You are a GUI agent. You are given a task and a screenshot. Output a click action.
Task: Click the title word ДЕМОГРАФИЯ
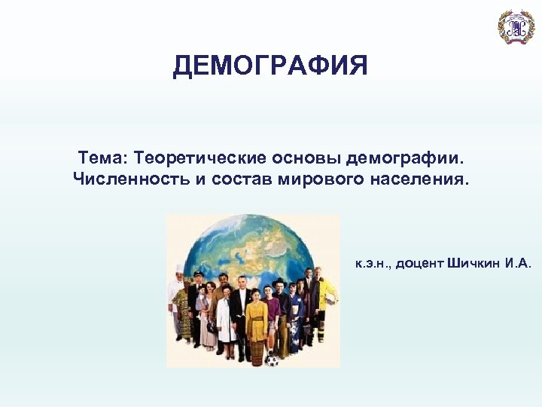[270, 66]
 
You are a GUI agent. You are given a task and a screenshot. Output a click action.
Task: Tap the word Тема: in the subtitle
[103, 158]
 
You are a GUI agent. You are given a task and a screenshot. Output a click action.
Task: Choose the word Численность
[121, 180]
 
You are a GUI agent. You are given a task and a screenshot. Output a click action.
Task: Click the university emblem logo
[516, 26]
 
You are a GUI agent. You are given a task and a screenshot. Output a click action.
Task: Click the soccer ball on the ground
[272, 359]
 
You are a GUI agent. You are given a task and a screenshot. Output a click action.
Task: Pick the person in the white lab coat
[224, 320]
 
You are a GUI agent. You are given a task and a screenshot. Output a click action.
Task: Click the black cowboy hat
[280, 282]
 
